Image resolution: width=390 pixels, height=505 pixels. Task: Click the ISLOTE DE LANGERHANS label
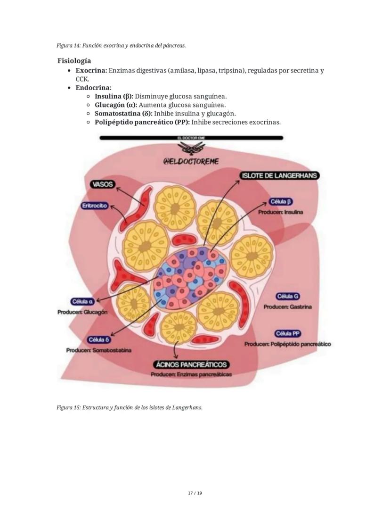pos(280,175)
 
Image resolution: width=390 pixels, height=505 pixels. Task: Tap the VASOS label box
pos(103,184)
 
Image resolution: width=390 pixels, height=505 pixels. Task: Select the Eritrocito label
pos(95,206)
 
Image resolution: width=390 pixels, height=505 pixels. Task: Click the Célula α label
pos(82,302)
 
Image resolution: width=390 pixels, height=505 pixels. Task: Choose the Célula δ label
pos(99,340)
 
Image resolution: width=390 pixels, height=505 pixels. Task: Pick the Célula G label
pos(287,297)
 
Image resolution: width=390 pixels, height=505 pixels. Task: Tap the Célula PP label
pos(288,333)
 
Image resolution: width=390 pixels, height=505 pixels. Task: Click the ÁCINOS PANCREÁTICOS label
pos(192,364)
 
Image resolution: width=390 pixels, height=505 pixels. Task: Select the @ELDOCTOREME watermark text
pos(191,161)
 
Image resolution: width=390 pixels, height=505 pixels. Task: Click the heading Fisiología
pos(74,61)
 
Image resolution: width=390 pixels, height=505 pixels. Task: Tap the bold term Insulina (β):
pos(114,96)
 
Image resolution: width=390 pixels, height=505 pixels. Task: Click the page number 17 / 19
pos(195,493)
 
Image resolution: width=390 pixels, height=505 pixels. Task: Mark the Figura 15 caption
pos(130,407)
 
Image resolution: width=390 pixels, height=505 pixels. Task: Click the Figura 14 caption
pos(121,46)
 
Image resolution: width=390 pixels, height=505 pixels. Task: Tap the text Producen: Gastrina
pos(287,307)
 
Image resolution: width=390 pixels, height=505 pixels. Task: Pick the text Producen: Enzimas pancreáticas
pos(191,374)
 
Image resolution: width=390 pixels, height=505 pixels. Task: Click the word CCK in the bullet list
pos(81,79)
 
